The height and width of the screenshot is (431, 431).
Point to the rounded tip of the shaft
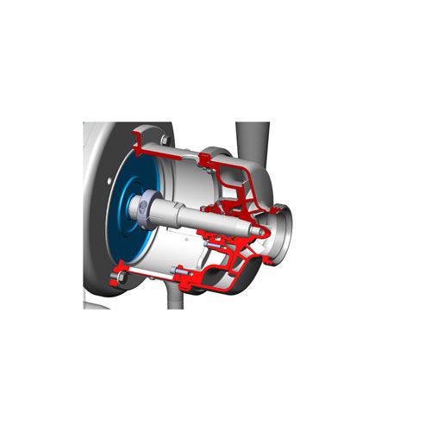[258, 231]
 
